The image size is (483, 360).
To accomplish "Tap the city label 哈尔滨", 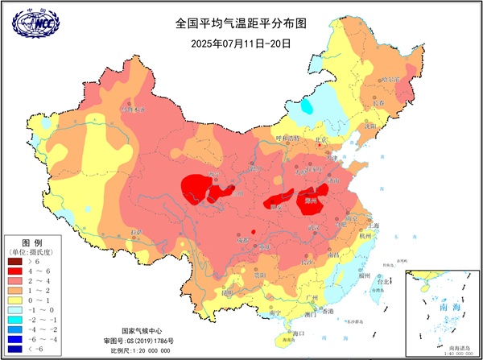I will coord(390,80).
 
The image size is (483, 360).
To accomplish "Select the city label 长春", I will coord(379,104).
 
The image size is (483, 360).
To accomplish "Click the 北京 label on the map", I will coord(322,139).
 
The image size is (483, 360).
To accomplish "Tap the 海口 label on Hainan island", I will coord(299,333).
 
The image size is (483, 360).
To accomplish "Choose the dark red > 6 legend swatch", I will coord(15,262).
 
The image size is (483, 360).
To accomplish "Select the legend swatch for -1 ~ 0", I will coord(15,309).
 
